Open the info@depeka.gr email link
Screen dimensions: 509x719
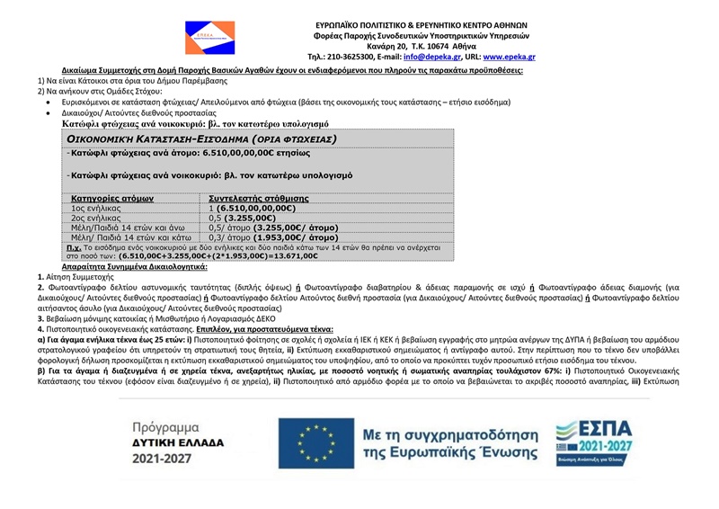430,56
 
